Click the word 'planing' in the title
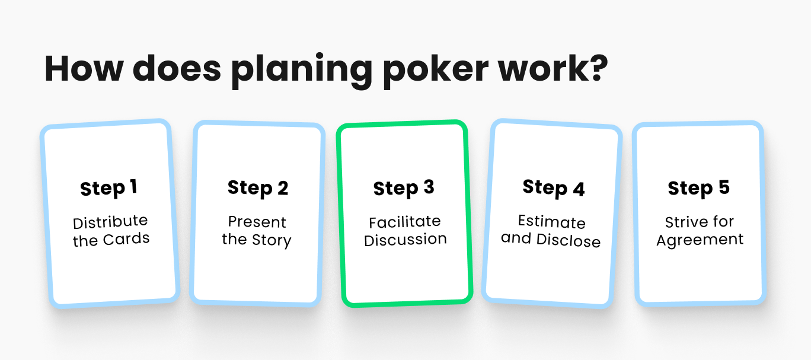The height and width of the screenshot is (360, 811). (301, 71)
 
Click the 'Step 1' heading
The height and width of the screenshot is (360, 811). (108, 189)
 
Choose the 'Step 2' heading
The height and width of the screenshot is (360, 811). (258, 188)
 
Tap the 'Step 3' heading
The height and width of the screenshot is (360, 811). (404, 189)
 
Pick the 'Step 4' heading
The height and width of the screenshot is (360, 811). (554, 188)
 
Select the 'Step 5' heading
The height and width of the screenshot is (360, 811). (698, 188)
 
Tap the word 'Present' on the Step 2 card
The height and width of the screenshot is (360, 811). (257, 222)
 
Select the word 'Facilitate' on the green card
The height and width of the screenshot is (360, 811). (405, 222)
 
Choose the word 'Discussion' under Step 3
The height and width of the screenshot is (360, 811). (405, 240)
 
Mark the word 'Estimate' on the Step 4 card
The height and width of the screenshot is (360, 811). (552, 222)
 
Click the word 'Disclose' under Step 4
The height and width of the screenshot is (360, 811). (568, 240)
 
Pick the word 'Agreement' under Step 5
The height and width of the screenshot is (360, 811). (700, 240)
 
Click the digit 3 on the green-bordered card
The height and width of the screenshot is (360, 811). (429, 188)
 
